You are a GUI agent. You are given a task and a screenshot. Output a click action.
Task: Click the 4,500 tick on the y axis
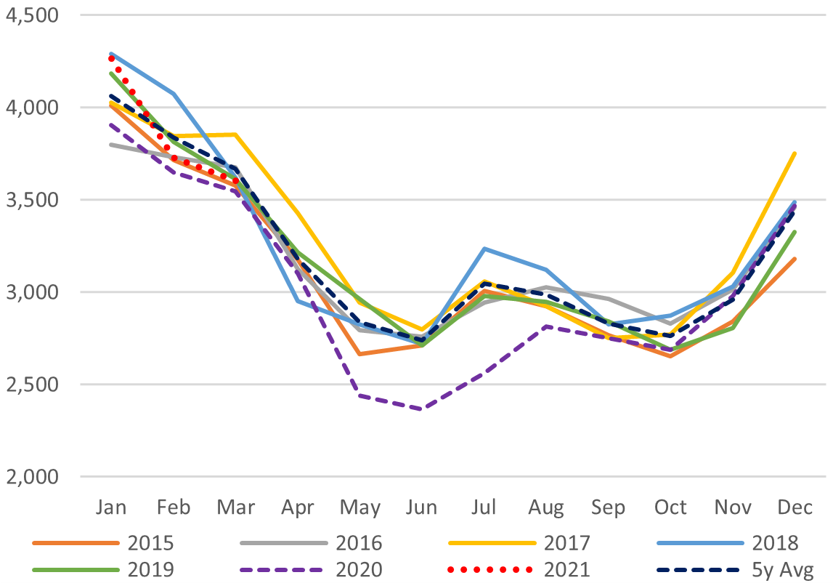33,15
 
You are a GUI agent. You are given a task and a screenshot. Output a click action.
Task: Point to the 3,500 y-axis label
33,200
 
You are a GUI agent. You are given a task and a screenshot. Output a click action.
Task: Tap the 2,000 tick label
33,477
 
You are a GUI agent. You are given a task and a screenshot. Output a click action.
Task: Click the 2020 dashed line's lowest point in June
420,409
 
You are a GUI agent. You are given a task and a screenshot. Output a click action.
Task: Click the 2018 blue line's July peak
483,249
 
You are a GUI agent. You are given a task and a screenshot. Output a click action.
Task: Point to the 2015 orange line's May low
359,354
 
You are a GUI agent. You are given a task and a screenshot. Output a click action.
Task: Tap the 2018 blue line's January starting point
111,54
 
